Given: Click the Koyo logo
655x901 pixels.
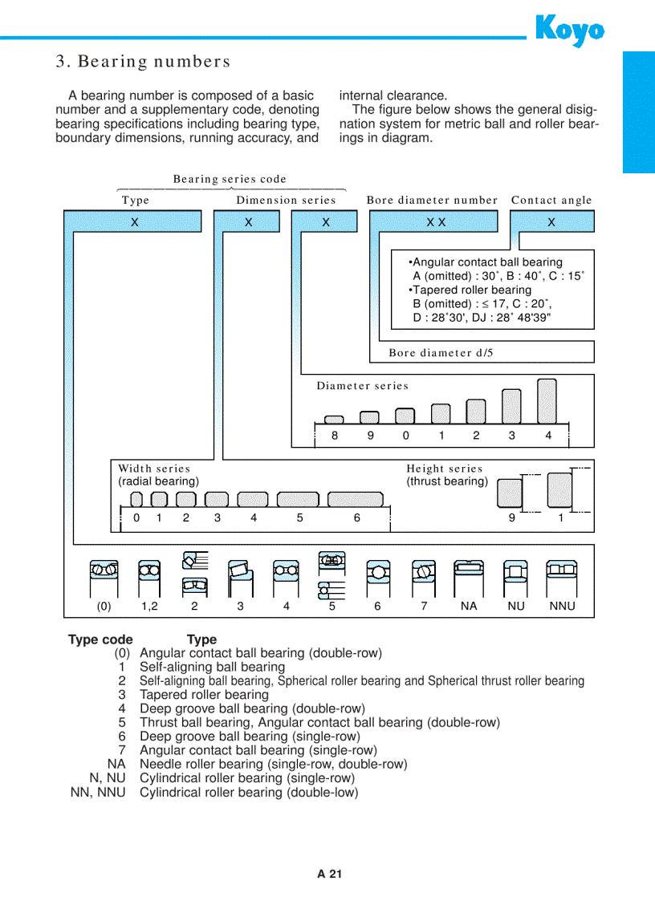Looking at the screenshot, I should [569, 30].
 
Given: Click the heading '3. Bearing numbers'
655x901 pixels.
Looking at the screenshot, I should [143, 62].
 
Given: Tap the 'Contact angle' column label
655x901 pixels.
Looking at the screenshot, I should [551, 201].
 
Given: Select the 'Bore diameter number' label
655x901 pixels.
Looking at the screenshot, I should [432, 201].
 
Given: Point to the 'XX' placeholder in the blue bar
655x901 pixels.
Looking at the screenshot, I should [436, 222].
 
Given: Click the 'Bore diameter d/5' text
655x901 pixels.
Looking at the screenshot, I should [441, 352].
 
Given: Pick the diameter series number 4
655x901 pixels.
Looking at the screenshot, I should [548, 436].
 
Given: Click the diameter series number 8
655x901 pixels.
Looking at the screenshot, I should [335, 436].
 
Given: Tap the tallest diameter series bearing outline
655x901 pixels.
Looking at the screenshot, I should [547, 400].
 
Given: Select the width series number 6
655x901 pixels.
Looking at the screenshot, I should [357, 517].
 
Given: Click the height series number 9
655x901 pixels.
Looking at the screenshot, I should [511, 517].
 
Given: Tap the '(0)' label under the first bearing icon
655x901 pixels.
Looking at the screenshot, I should [104, 607].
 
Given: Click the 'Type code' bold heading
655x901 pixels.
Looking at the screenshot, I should [100, 639].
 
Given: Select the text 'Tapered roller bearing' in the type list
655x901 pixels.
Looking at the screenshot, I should [204, 695].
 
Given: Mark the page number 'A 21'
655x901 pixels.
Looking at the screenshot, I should [329, 875].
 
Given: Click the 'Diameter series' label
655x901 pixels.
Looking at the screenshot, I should [362, 386].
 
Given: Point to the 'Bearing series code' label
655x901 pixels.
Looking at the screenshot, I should [230, 179].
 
